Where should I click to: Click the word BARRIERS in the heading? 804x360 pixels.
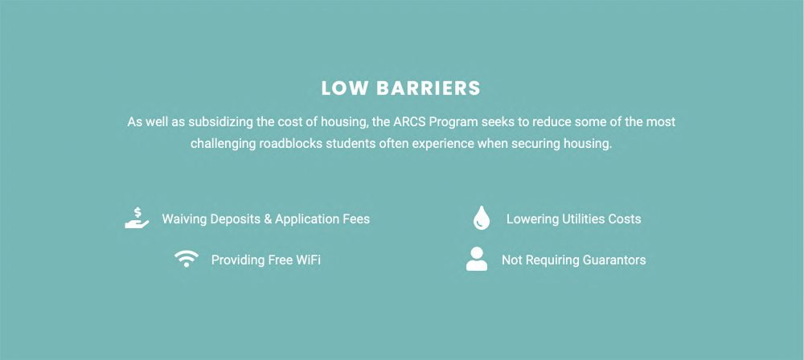429,88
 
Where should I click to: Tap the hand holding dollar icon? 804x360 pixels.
137,218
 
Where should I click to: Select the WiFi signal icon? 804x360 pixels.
187,259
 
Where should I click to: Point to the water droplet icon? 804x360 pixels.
481,218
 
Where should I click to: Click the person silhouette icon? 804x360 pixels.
477,259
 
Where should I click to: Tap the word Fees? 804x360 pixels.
356,219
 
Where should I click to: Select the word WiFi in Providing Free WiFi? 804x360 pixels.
309,260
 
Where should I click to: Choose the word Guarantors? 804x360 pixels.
614,260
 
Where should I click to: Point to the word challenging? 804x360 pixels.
223,144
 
